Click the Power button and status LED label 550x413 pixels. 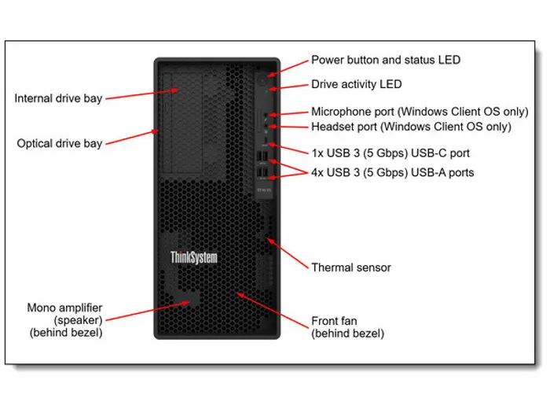[386, 60]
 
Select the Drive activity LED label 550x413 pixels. [356, 84]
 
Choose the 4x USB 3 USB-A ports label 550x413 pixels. [393, 171]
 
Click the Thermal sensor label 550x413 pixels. [351, 267]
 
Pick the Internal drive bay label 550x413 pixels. [59, 98]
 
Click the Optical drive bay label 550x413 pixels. [59, 144]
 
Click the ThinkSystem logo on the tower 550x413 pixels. [193, 257]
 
